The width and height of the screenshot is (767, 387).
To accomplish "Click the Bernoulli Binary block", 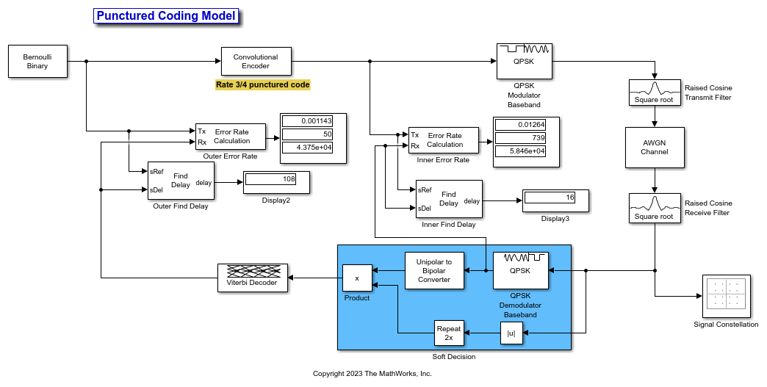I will click(x=37, y=61).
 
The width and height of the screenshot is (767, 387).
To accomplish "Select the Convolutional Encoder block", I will click(x=256, y=62).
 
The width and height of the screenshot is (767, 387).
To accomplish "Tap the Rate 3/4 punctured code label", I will click(x=262, y=85).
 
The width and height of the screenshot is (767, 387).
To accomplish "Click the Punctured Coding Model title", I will click(x=166, y=16).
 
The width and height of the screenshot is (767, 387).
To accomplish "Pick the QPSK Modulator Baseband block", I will click(x=524, y=62).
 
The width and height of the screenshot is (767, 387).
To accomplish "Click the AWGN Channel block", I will click(x=654, y=148).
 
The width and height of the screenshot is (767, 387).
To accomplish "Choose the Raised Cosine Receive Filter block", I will click(x=654, y=208).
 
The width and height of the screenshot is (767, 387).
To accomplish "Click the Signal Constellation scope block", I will click(x=726, y=296).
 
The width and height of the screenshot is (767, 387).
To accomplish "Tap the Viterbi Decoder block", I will click(x=252, y=278).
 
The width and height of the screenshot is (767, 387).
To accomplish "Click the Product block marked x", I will click(x=357, y=278).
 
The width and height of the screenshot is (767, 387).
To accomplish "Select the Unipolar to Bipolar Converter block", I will click(x=434, y=270).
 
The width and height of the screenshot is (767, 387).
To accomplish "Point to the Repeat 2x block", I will click(x=448, y=333).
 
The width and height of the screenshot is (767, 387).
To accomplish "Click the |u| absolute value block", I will click(x=511, y=333).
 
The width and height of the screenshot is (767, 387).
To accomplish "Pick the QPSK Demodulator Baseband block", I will click(x=521, y=270).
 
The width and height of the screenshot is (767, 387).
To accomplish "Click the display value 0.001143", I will click(x=308, y=120).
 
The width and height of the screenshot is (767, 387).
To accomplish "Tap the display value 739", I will click(x=521, y=138).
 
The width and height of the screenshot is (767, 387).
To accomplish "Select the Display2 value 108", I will click(x=270, y=178).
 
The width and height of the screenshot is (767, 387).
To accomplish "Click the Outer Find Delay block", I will click(x=181, y=181).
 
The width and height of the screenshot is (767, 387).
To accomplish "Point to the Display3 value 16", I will click(x=550, y=197).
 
